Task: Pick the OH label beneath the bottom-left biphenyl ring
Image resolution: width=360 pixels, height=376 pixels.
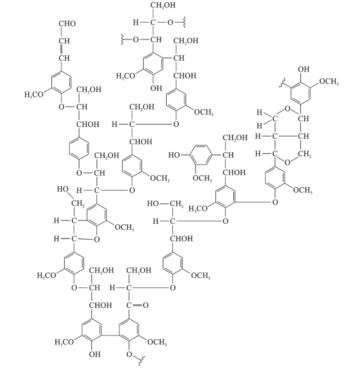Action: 94,354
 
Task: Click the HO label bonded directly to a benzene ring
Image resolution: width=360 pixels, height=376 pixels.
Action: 174,153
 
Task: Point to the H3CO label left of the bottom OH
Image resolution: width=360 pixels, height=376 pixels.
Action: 65,342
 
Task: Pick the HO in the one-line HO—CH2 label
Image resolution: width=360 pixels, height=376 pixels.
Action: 155,202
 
